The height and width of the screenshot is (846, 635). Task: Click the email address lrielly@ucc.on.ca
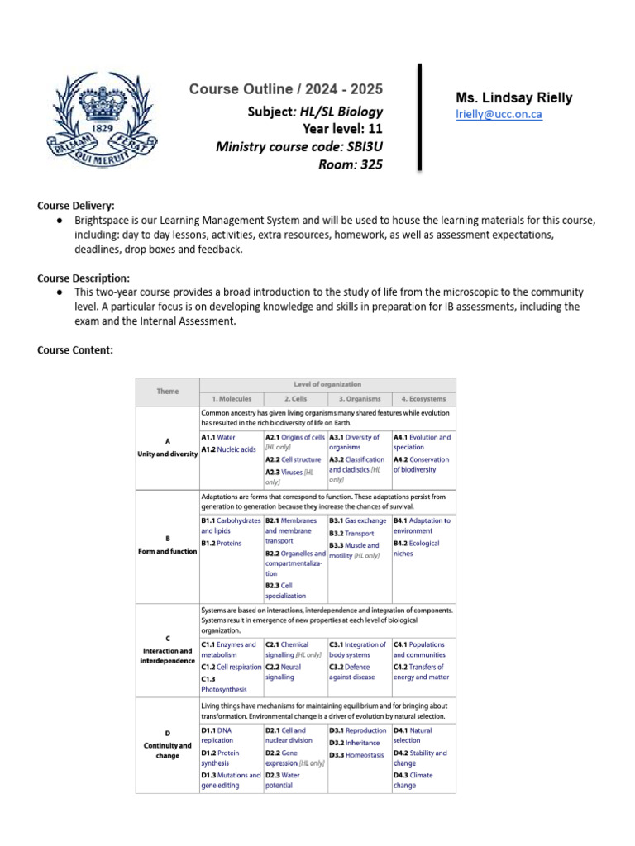tap(499, 115)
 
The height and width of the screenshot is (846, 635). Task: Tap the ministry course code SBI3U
tap(365, 146)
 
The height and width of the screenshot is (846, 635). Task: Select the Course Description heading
tap(84, 278)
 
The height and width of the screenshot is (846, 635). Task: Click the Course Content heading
tap(74, 349)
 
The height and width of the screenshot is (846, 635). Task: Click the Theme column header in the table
tap(167, 391)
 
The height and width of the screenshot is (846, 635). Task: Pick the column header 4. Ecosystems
tap(423, 397)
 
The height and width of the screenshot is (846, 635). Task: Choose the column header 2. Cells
tap(295, 397)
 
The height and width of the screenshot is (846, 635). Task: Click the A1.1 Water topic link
tap(218, 437)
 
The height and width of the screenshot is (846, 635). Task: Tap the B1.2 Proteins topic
tap(222, 544)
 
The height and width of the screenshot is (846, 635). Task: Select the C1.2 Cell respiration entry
tap(231, 667)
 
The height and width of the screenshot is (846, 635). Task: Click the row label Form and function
tap(167, 551)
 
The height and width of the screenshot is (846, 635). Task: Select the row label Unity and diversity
tap(167, 454)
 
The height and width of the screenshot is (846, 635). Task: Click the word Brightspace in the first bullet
tap(103, 221)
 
